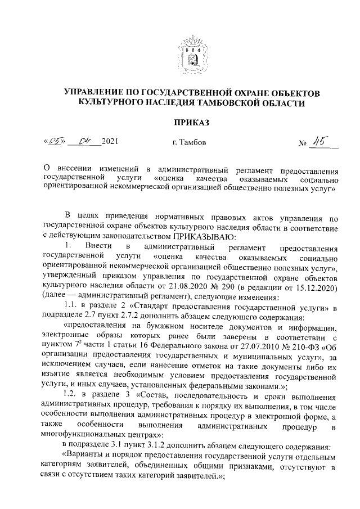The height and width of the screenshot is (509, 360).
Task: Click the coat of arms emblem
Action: [x=192, y=52]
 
